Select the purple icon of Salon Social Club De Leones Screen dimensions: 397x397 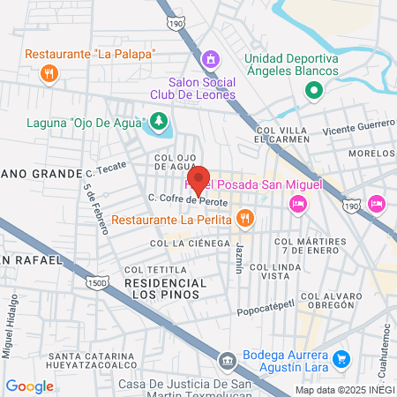pyautogui.click(x=210, y=60)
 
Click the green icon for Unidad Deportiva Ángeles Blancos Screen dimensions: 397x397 pyautogui.click(x=312, y=89)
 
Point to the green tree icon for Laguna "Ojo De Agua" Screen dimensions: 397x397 pyautogui.click(x=158, y=121)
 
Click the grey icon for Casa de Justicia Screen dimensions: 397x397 pyautogui.click(x=228, y=361)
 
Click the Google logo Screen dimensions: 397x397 pyautogui.click(x=29, y=386)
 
